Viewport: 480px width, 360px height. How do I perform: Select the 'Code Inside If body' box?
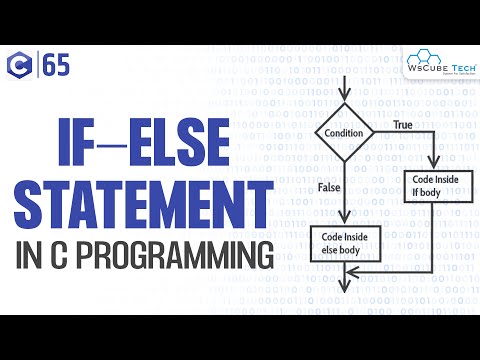tap(431, 185)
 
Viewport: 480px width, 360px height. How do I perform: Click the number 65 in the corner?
tap(58, 68)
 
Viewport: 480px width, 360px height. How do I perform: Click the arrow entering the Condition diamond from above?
tap(342, 90)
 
